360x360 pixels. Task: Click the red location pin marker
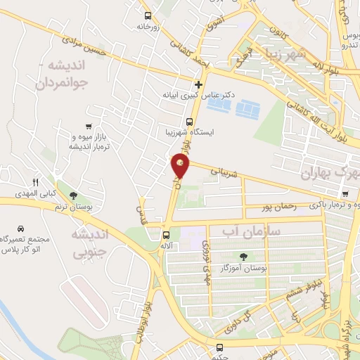point(180,167)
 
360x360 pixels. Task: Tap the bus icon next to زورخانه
point(147,15)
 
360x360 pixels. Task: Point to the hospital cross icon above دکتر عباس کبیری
point(199,84)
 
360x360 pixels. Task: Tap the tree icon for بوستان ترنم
point(73,195)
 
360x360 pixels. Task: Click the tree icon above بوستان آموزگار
point(243,257)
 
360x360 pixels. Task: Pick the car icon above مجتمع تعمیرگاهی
point(21,229)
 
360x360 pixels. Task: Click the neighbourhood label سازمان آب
point(251,231)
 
